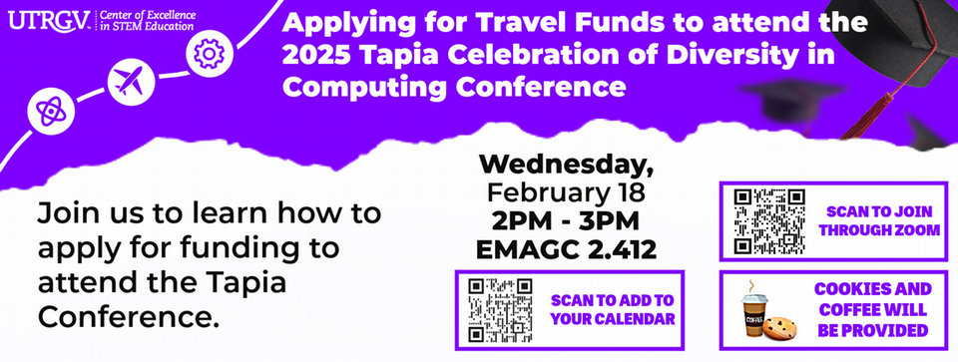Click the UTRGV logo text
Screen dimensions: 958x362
point(50,20)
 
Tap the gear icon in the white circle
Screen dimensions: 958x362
point(209,53)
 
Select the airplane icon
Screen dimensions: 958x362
point(131,81)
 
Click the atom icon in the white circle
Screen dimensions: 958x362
point(51,111)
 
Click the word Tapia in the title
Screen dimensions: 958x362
point(396,56)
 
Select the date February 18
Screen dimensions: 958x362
point(566,193)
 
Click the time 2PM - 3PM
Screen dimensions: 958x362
point(566,221)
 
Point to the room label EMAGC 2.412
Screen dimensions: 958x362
point(566,249)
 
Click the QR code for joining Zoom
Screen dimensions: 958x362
point(769,221)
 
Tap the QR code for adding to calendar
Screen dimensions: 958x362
point(500,310)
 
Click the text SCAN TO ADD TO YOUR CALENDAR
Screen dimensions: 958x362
point(613,309)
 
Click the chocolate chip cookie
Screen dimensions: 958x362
point(779,328)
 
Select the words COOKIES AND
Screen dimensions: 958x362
point(873,289)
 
